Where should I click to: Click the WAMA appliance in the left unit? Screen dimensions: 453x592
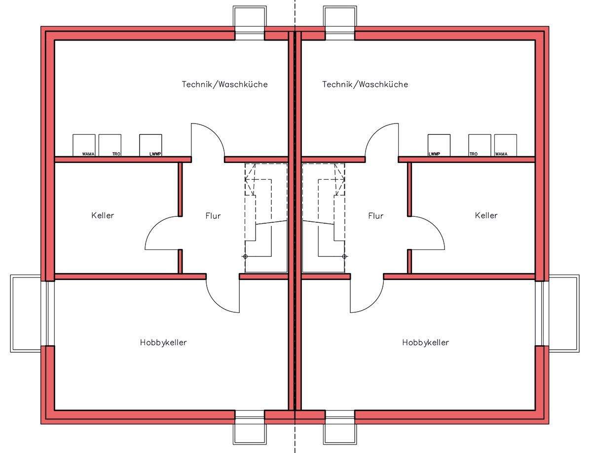click(x=84, y=145)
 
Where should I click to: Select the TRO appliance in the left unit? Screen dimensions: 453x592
click(x=110, y=145)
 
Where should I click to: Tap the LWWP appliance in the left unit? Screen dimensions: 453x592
click(x=150, y=145)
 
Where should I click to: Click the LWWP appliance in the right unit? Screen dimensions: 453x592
click(x=439, y=145)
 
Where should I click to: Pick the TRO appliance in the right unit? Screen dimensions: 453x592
click(x=480, y=145)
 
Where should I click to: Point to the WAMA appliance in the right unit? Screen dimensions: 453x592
click(x=506, y=145)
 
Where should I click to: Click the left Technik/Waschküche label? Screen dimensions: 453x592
click(x=224, y=84)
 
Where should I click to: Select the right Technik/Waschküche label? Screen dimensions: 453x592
click(x=365, y=84)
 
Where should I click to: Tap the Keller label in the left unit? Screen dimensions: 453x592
click(x=103, y=215)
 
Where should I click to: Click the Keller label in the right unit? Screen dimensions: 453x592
click(x=486, y=215)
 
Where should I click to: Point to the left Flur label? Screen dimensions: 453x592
click(x=213, y=216)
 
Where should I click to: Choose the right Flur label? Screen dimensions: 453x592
click(x=375, y=216)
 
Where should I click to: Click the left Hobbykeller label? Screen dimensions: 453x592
click(x=163, y=342)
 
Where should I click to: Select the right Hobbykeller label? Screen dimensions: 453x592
click(x=425, y=342)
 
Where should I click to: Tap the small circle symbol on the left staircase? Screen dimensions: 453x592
click(x=245, y=256)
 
